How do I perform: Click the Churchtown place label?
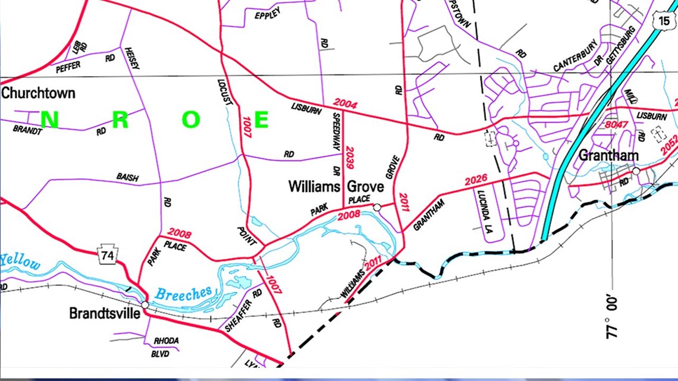tap(38, 93)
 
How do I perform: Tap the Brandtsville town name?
tap(105, 313)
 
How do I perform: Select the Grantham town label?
tap(608, 156)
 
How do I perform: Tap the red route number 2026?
tap(476, 180)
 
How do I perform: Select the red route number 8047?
tap(617, 125)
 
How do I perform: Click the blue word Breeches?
tap(183, 293)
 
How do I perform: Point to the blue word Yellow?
tap(21, 262)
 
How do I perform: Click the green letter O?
tap(192, 120)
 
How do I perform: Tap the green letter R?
tap(120, 120)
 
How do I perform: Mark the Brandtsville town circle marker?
tap(145, 304)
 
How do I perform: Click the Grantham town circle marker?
tap(636, 171)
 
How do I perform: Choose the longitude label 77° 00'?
tap(613, 318)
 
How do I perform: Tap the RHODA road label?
tap(166, 341)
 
